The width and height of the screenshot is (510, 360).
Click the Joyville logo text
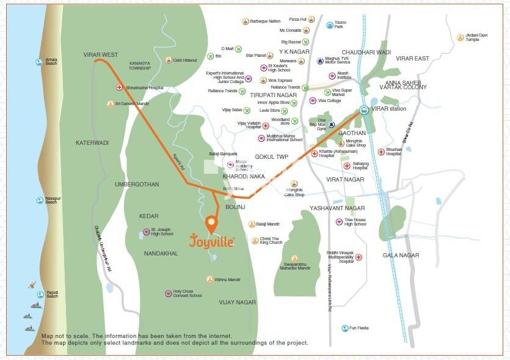(x=211, y=240)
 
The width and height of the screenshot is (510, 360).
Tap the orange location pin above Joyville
(x=211, y=224)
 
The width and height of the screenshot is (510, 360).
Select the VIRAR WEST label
(x=101, y=55)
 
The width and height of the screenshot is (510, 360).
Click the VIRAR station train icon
(x=364, y=110)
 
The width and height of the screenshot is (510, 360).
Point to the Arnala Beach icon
(x=39, y=62)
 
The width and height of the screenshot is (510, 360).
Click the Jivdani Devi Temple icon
(x=460, y=37)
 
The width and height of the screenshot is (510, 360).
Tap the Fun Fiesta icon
(x=344, y=328)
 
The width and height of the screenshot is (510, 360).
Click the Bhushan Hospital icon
(x=381, y=151)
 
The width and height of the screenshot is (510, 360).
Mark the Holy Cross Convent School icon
(x=168, y=293)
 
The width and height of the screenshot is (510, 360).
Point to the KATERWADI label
(x=92, y=142)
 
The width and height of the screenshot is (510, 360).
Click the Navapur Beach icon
(x=39, y=200)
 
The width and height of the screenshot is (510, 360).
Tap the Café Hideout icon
(x=169, y=60)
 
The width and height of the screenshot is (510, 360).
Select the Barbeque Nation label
(x=265, y=21)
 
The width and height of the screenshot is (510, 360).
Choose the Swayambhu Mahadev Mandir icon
(x=294, y=259)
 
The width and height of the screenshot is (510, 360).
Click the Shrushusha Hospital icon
(x=119, y=87)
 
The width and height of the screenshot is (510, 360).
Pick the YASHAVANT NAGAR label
(x=337, y=208)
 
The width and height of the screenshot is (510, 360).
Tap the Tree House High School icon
(x=339, y=221)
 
